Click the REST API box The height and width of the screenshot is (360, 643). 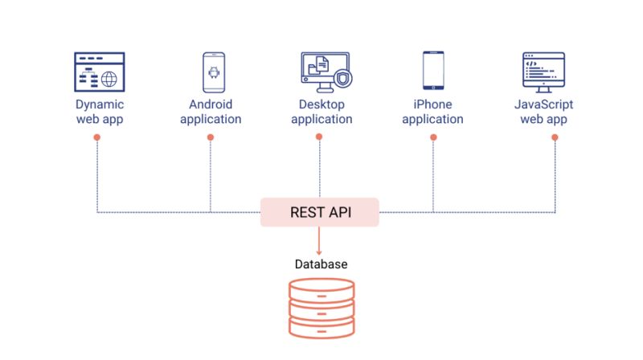320,212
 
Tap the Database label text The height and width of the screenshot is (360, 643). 321,264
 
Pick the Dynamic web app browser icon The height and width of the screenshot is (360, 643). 100,72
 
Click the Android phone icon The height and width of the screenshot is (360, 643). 213,72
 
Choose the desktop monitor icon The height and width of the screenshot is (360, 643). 323,73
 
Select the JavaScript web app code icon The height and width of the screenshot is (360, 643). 543,72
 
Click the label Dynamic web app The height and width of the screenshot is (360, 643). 100,112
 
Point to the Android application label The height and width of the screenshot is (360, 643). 211,112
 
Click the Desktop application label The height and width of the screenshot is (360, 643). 321,112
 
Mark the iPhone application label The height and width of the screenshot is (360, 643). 432,112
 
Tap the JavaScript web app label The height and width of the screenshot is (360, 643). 544,112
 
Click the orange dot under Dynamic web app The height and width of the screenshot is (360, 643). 97,137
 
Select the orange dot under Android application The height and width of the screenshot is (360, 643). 211,137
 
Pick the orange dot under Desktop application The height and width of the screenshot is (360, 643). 319,137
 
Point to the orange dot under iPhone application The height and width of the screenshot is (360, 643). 433,137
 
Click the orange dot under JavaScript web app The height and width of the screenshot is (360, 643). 555,137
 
